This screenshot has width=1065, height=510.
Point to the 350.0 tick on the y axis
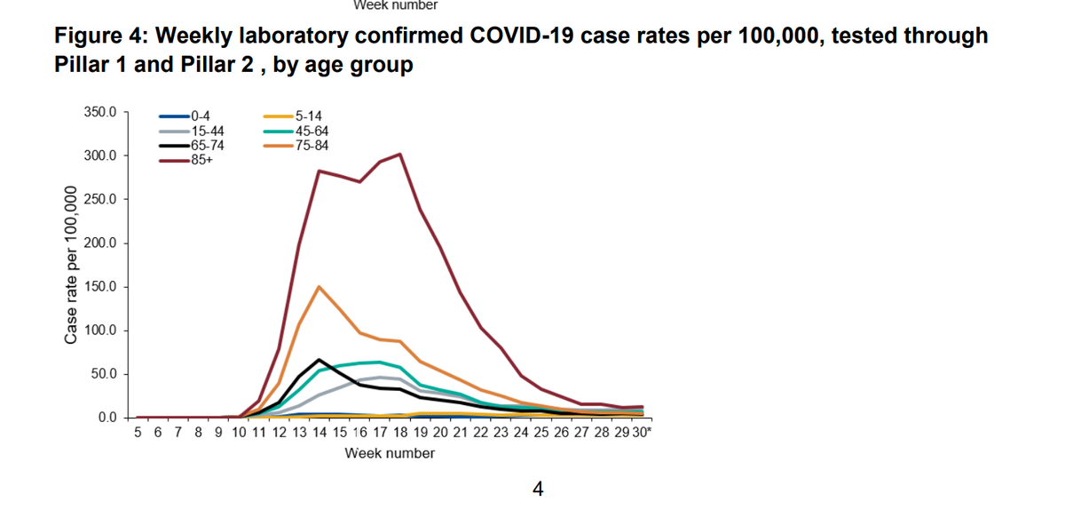pos(99,113)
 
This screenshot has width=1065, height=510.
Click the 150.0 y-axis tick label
pos(99,287)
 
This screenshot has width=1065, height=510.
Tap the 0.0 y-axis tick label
pos(106,418)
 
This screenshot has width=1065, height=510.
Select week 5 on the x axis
pos(138,433)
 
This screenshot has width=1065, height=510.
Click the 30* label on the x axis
pos(642,433)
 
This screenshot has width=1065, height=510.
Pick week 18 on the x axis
pos(399,433)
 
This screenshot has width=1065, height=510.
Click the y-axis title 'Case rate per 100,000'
pos(70,265)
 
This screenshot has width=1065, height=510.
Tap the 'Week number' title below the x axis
pos(390,453)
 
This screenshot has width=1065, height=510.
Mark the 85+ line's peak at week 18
pos(399,155)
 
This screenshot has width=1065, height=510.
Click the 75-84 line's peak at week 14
pos(319,287)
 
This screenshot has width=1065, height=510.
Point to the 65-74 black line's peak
pos(319,360)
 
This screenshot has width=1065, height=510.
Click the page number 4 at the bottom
pos(537,488)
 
